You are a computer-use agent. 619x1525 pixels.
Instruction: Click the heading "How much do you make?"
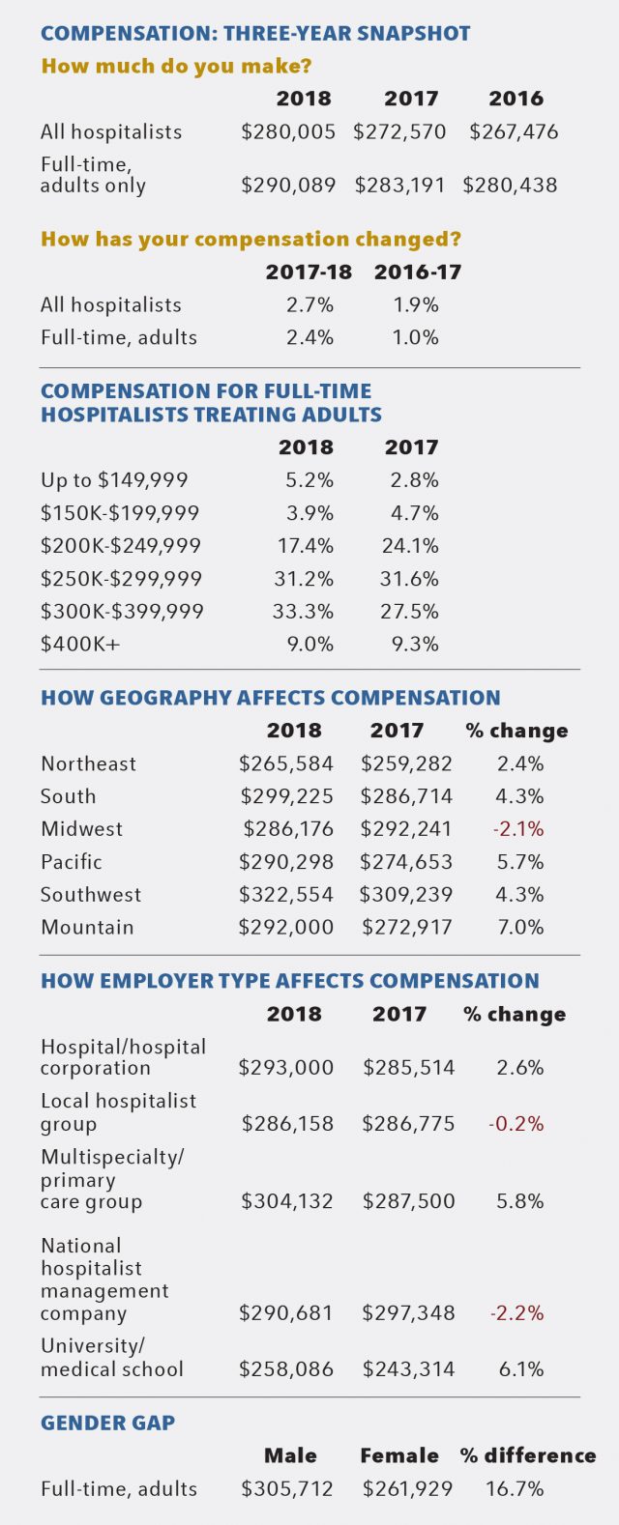tap(176, 67)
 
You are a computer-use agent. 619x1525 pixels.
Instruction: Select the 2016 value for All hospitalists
tap(514, 131)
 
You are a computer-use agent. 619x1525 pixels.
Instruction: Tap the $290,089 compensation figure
tap(288, 185)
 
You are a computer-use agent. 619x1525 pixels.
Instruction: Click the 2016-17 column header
tap(418, 273)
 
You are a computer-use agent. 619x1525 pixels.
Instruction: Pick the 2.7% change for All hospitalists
tap(309, 305)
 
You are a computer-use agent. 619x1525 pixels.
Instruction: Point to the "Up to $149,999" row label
tap(114, 480)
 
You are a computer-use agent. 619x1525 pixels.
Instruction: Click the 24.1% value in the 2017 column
tap(410, 546)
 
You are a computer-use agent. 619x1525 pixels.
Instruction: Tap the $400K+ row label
tap(80, 645)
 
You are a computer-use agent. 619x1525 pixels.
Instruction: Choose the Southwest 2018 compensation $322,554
tap(286, 895)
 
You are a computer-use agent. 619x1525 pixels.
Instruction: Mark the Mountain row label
tap(87, 928)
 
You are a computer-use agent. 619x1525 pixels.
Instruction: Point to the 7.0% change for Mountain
tap(519, 928)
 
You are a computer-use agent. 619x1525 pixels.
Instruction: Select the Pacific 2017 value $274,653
tap(406, 862)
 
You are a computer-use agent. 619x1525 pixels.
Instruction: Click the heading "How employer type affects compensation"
tap(290, 981)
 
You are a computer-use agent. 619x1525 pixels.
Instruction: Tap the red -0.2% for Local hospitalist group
tap(516, 1124)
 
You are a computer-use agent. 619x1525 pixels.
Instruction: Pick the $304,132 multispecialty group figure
tap(286, 1201)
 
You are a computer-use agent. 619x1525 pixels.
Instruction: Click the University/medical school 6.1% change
tap(519, 1369)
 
